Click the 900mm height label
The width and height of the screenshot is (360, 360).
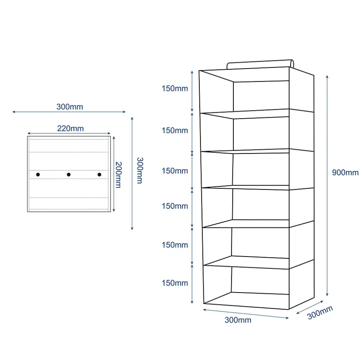pos(345,172)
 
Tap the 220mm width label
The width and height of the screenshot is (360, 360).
pos(71,128)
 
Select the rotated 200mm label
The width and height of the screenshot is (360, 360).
pos(118,175)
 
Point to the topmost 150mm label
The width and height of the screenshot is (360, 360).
pos(175,88)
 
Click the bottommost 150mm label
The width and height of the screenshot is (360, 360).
pos(175,283)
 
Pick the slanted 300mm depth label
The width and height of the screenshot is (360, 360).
pos(320,313)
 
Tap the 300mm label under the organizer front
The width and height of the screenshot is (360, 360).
pos(238,320)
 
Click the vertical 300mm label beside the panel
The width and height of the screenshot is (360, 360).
pos(140,170)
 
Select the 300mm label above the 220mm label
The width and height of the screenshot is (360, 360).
pos(70,107)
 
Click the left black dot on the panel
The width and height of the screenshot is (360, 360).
pos(38,175)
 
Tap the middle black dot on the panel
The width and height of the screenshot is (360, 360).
pos(69,175)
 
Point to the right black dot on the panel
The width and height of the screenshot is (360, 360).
pos(99,175)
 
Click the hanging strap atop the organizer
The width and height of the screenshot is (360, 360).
pos(260,64)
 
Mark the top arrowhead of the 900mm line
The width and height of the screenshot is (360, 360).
pos(327,77)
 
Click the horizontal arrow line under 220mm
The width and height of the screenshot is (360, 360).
pos(69,133)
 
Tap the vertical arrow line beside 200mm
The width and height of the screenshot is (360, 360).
pos(114,174)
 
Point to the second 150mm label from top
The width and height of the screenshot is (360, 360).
pos(175,131)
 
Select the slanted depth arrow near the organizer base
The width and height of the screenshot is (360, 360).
pos(310,307)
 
